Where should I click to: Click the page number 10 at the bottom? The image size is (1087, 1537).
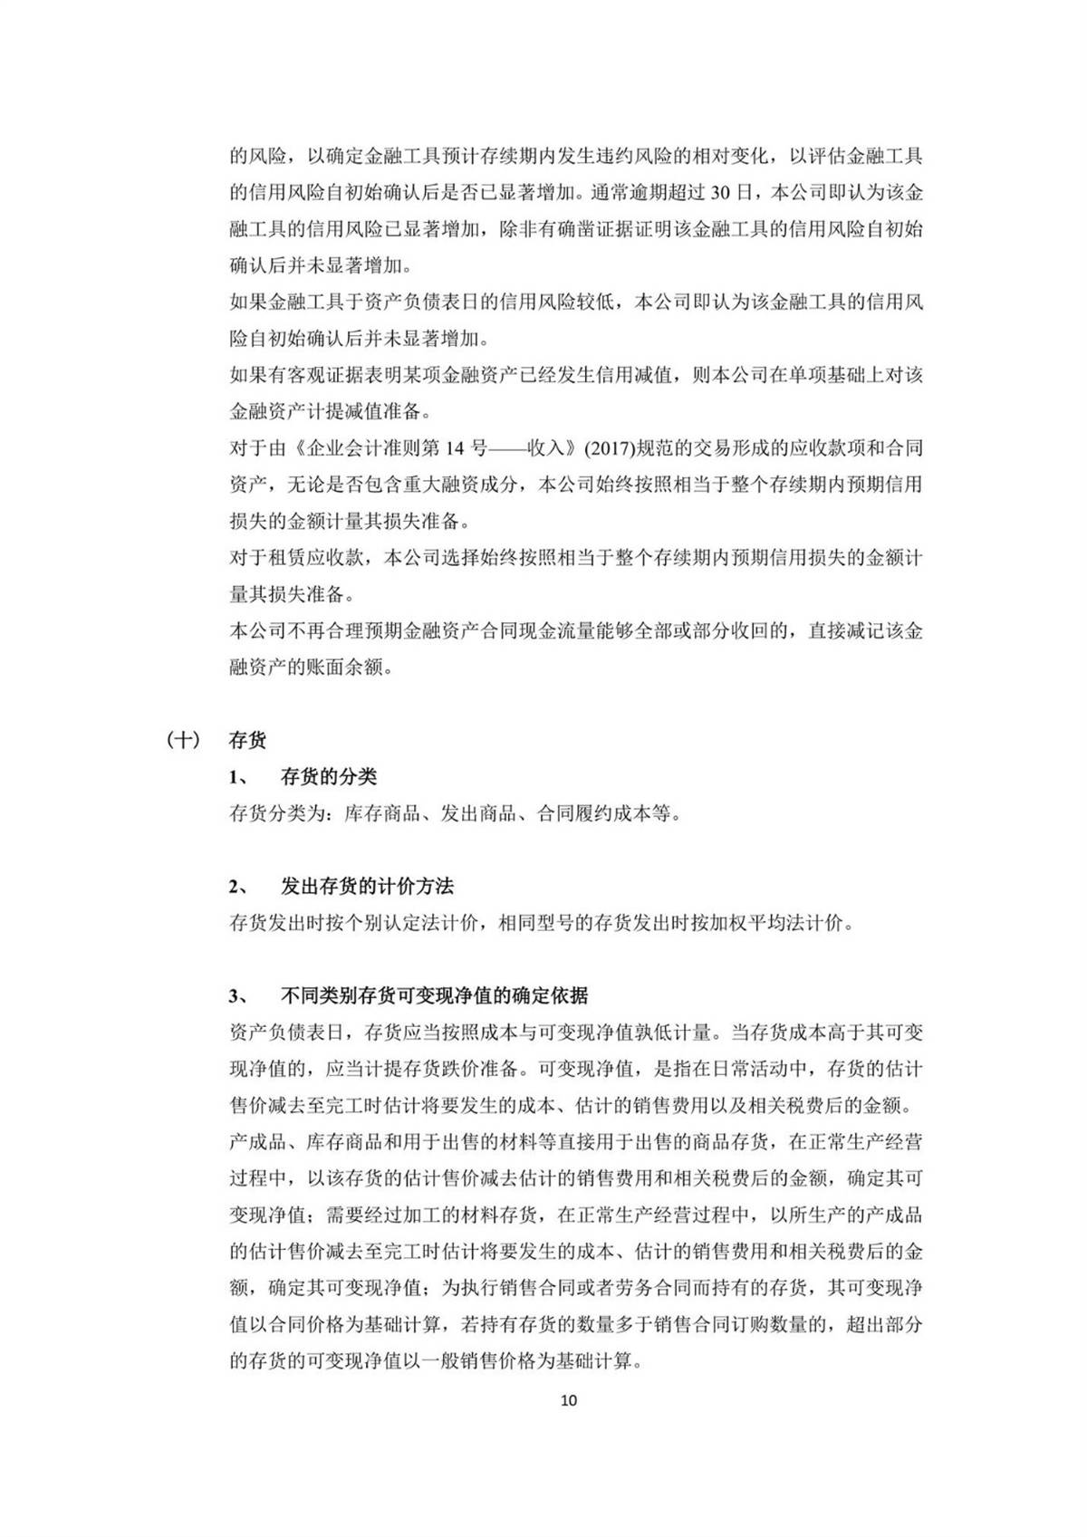pos(569,1399)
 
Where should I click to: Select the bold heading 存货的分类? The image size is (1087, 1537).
pos(329,776)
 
